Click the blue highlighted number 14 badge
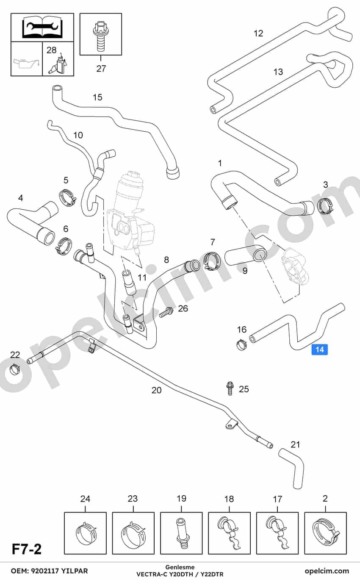[x=320, y=350]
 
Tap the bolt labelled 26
[x=166, y=312]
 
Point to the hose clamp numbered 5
[x=67, y=198]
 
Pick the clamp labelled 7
[x=212, y=260]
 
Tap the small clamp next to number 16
[x=242, y=344]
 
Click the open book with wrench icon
[x=42, y=27]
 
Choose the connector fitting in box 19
[x=181, y=533]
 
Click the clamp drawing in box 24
[x=86, y=533]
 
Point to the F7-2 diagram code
[x=27, y=549]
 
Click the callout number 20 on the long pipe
[x=156, y=390]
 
